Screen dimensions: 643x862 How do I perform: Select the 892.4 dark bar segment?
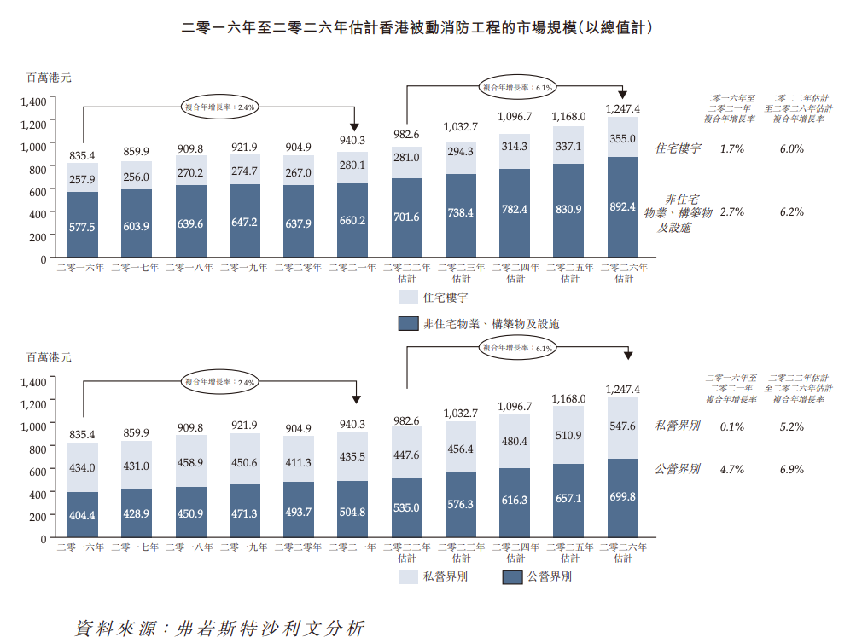[x=623, y=206]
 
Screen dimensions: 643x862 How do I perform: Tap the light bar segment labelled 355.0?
[x=623, y=138]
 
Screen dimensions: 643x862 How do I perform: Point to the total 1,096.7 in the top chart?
[x=515, y=116]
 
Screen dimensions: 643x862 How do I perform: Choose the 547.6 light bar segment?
[x=623, y=426]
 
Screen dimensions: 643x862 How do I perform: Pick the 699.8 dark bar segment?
[x=623, y=496]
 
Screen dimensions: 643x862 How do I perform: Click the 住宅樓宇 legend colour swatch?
[x=407, y=298]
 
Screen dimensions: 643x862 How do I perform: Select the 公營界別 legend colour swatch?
[x=511, y=577]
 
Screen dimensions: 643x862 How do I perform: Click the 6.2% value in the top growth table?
[x=791, y=211]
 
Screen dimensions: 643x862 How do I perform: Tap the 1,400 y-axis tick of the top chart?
[x=33, y=101]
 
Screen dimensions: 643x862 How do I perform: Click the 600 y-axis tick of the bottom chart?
[x=38, y=471]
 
